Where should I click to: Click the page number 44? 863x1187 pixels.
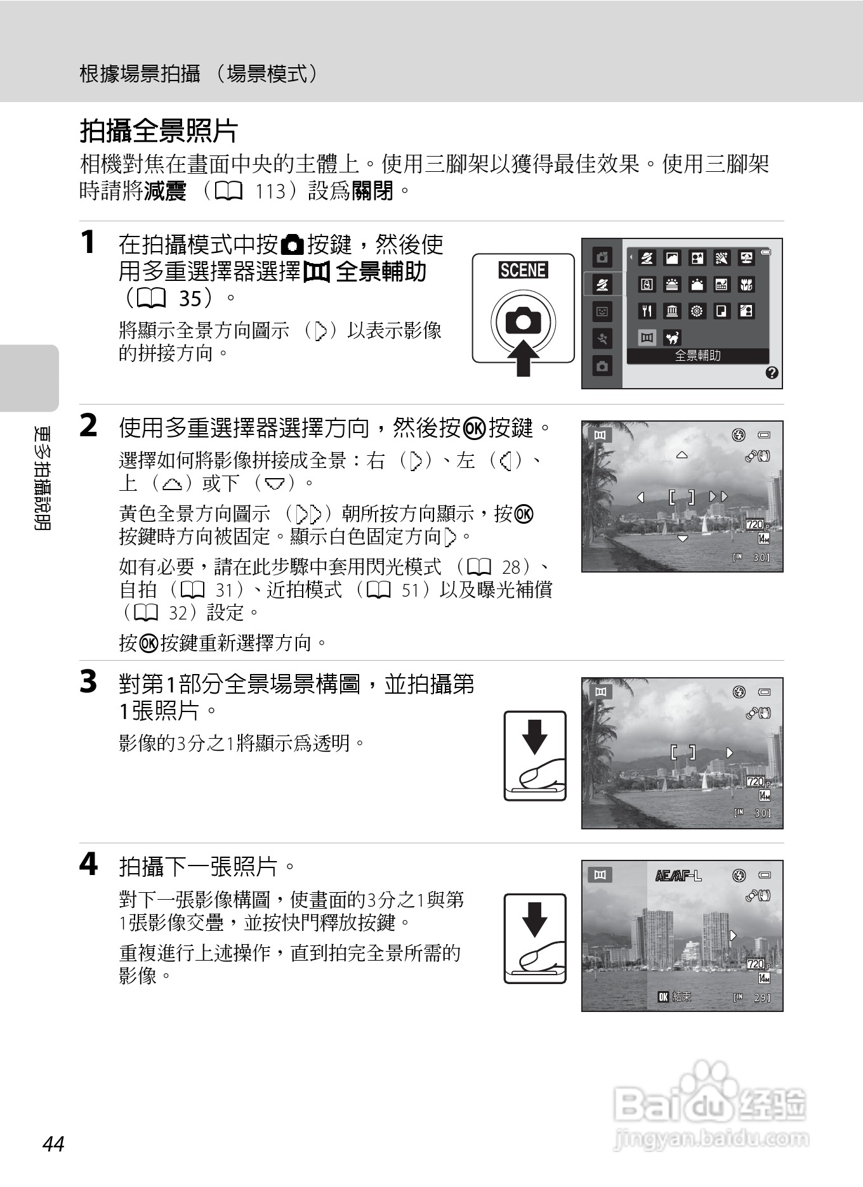pyautogui.click(x=53, y=1144)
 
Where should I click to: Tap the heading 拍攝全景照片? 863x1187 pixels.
pyautogui.click(x=159, y=131)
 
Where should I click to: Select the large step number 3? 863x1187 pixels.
pyautogui.click(x=88, y=682)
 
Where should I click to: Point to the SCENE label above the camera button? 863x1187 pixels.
pyautogui.click(x=523, y=271)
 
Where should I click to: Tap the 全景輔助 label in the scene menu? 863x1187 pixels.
pyautogui.click(x=697, y=356)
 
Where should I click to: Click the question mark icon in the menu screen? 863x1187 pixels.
pyautogui.click(x=772, y=373)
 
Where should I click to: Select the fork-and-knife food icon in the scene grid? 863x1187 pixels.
pyautogui.click(x=647, y=311)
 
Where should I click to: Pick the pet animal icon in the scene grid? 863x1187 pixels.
pyautogui.click(x=671, y=337)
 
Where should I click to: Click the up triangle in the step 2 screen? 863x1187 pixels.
pyautogui.click(x=682, y=455)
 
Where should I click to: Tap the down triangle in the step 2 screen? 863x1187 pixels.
pyautogui.click(x=682, y=539)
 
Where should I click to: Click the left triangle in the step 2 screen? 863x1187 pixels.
pyautogui.click(x=640, y=497)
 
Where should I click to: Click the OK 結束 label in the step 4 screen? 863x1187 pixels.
pyautogui.click(x=674, y=997)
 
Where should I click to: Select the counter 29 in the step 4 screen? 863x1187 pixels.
pyautogui.click(x=761, y=998)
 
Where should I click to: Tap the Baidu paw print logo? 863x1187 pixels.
pyautogui.click(x=711, y=1078)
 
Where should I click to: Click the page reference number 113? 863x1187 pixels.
pyautogui.click(x=270, y=191)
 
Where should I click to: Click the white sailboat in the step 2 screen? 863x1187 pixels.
pyautogui.click(x=704, y=525)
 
